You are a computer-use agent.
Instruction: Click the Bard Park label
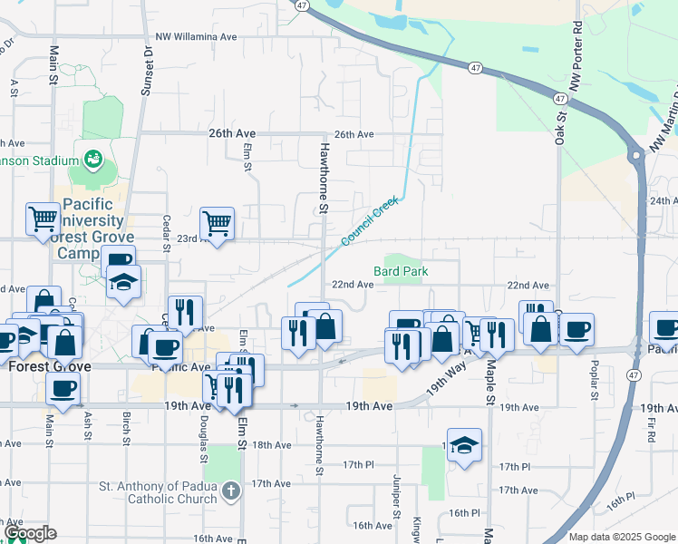tap(400, 271)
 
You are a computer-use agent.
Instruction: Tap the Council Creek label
tap(370, 222)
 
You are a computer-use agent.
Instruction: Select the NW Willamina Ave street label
tap(195, 37)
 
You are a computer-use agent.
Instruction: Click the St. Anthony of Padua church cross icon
tap(231, 491)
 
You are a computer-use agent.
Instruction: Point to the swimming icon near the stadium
tap(92, 160)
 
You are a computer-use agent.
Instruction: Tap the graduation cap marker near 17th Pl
tap(464, 445)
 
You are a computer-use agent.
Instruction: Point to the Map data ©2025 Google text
tap(621, 537)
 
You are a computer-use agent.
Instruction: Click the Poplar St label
tap(594, 384)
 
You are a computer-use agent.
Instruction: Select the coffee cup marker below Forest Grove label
tap(63, 388)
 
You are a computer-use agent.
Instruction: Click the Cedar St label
tap(166, 233)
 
